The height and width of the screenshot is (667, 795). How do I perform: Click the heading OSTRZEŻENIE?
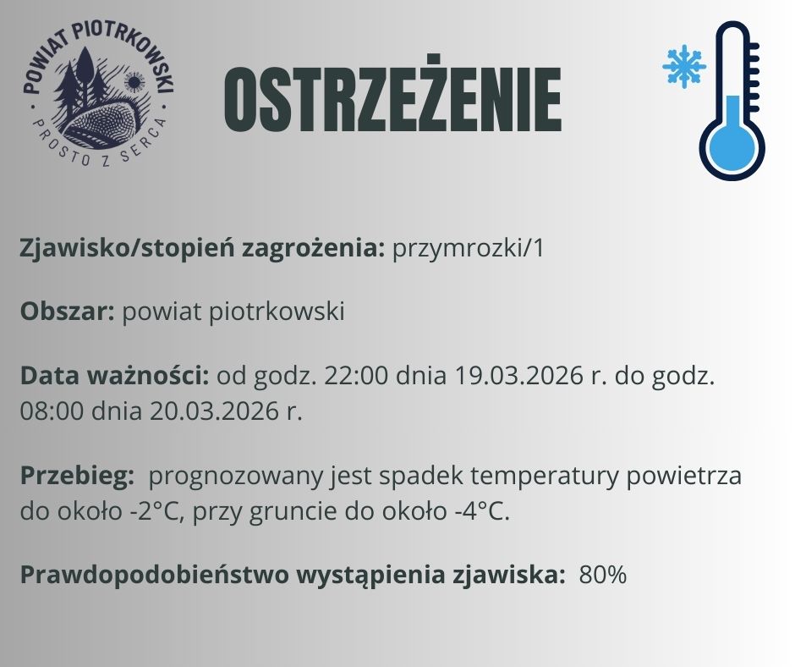392,100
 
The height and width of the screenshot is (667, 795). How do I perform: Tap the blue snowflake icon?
683,66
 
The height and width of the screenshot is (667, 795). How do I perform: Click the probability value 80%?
603,576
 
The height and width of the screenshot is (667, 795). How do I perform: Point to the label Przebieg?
77,476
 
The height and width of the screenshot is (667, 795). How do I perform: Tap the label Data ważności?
115,375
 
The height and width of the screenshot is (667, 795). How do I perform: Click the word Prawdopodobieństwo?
153,576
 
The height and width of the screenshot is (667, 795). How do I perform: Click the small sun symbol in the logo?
133,82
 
